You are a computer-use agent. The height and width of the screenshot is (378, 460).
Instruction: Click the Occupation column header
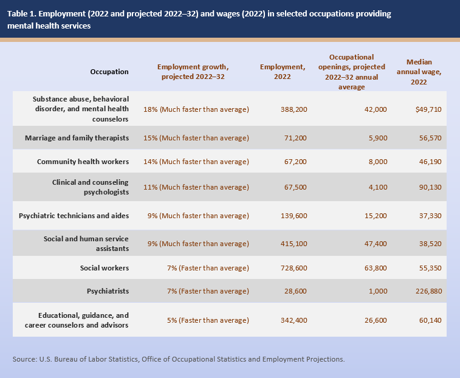click(x=109, y=72)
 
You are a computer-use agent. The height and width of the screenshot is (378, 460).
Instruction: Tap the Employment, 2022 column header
click(x=282, y=71)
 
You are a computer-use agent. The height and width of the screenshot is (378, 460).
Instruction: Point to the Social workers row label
click(x=104, y=267)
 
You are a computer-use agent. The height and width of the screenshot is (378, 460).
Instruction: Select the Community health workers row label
click(x=83, y=162)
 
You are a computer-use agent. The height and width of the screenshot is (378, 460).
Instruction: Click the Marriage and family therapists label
click(x=77, y=138)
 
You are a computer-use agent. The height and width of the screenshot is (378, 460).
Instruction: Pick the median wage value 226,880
click(x=425, y=291)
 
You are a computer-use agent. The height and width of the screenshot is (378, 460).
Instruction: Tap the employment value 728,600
click(x=292, y=267)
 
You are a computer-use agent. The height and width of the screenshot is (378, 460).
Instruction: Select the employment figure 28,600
click(x=295, y=291)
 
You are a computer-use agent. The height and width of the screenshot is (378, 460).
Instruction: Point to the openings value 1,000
click(x=377, y=291)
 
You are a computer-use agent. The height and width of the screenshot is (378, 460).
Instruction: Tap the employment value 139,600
click(x=292, y=216)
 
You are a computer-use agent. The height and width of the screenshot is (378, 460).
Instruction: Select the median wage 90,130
click(x=428, y=187)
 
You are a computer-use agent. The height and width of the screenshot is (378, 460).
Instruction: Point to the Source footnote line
click(x=179, y=359)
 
